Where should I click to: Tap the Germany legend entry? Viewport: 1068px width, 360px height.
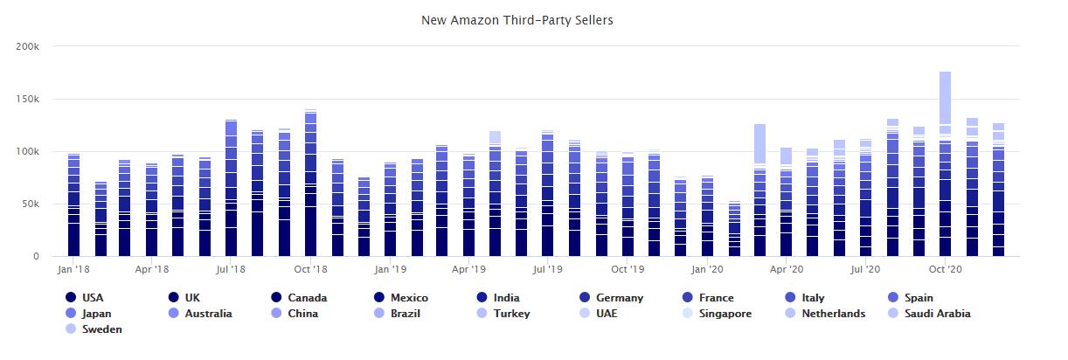pyautogui.click(x=619, y=298)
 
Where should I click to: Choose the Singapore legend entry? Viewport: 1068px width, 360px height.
pyautogui.click(x=725, y=314)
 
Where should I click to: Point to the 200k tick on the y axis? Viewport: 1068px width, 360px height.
pyautogui.click(x=28, y=46)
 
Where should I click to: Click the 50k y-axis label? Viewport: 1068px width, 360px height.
pyautogui.click(x=31, y=204)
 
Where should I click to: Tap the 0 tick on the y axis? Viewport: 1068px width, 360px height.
pyautogui.click(x=37, y=256)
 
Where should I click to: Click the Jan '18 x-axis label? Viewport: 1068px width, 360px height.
pyautogui.click(x=73, y=270)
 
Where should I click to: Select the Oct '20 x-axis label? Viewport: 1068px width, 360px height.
pyautogui.click(x=945, y=270)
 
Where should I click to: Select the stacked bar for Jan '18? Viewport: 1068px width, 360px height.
pyautogui.click(x=73, y=205)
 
